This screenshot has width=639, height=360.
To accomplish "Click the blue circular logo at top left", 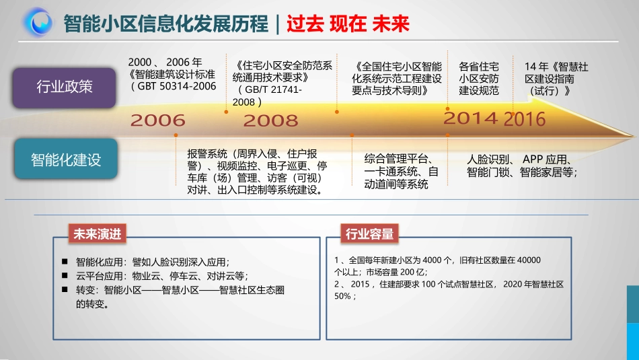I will pyautogui.click(x=38, y=22).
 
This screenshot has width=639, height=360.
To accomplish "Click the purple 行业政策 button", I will pyautogui.click(x=65, y=87).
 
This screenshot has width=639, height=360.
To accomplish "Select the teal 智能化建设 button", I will pyautogui.click(x=65, y=159).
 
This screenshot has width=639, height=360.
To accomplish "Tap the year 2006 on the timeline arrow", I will pyautogui.click(x=157, y=121).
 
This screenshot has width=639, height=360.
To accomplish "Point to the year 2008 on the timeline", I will pyautogui.click(x=270, y=121).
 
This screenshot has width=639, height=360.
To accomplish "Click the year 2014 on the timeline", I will pyautogui.click(x=471, y=118).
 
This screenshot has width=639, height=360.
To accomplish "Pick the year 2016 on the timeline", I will pyautogui.click(x=525, y=120).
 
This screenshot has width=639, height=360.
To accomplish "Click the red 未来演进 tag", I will pyautogui.click(x=98, y=233).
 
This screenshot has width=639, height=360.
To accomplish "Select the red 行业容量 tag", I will pyautogui.click(x=369, y=233).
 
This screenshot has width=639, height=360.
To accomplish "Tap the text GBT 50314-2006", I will pyautogui.click(x=177, y=86).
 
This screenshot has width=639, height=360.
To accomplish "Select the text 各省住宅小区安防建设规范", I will pyautogui.click(x=479, y=79).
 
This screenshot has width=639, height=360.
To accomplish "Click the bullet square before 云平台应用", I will pyautogui.click(x=65, y=275).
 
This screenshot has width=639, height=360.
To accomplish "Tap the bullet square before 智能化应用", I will pyautogui.click(x=65, y=262).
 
